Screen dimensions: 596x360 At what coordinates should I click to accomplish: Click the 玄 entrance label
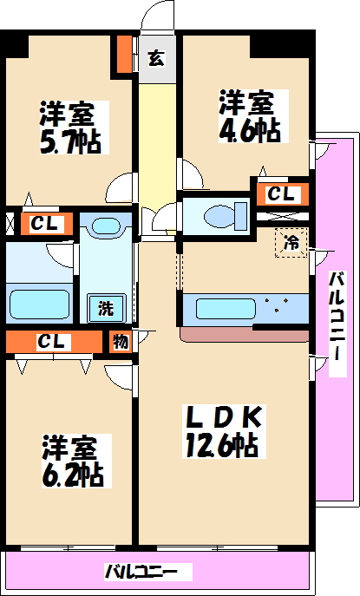(x=156, y=58)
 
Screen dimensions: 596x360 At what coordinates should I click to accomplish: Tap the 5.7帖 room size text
(x=70, y=141)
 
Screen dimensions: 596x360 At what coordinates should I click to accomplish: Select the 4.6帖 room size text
(x=250, y=130)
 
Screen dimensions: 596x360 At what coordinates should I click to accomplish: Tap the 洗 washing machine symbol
(x=105, y=308)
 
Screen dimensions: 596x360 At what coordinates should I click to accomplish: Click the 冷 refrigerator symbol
(x=291, y=244)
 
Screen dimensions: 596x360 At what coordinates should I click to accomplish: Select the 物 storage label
(x=120, y=341)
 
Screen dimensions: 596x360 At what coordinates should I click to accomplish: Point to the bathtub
(x=38, y=305)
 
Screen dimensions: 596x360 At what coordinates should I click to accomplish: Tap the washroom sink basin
(x=104, y=227)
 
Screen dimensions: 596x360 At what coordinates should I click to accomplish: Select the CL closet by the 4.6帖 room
(x=278, y=193)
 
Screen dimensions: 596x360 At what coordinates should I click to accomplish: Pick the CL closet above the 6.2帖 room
(x=52, y=342)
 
